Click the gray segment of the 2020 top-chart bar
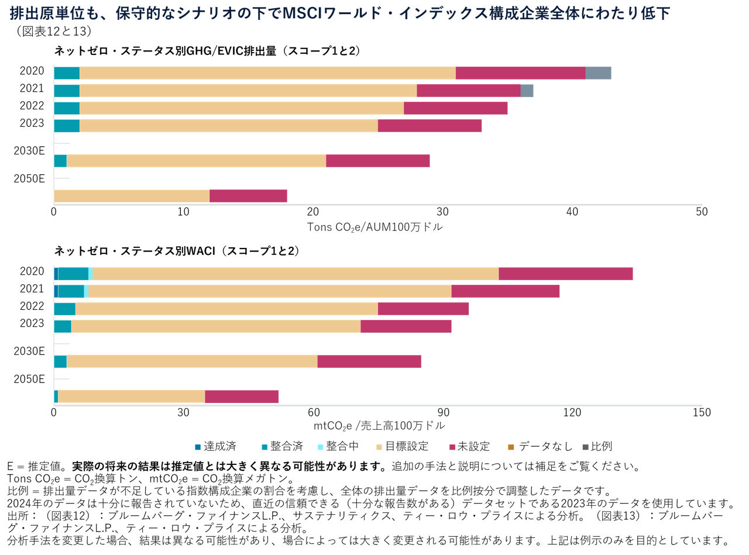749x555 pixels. coord(598,73)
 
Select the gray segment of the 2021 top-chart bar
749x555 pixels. coord(527,91)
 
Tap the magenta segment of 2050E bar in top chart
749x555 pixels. coord(248,196)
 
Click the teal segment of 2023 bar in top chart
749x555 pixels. coord(67,126)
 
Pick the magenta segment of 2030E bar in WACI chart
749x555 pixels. coord(369,361)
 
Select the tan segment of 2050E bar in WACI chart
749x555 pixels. coord(131,397)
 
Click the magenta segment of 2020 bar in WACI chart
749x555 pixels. coord(565,274)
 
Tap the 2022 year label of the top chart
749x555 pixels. coord(32,106)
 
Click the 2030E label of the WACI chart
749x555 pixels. coord(29,351)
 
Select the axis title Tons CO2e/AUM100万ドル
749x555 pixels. coord(374,226)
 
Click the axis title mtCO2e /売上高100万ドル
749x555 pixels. coord(379,425)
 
